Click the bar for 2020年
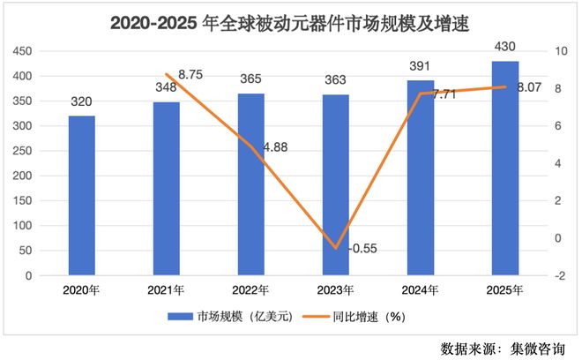(81, 195)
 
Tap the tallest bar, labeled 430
(504, 168)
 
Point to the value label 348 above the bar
(165, 87)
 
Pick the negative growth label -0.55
(362, 249)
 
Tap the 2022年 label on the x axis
(250, 289)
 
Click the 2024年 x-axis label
(419, 289)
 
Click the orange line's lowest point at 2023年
(334, 248)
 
